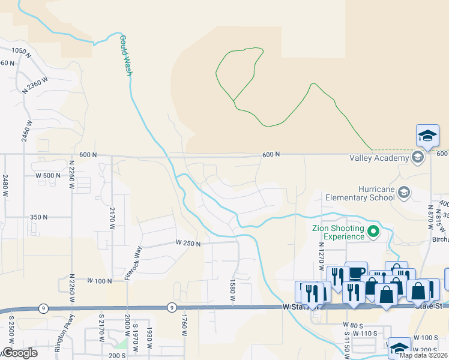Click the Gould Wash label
tap(125, 55)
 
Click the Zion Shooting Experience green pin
tap(373, 230)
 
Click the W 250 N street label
tap(188, 243)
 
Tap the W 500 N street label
tap(49, 175)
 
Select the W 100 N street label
tap(100, 280)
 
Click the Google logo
tap(20, 353)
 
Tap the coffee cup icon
tap(356, 272)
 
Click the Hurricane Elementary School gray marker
tap(404, 192)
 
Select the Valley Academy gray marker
tap(418, 158)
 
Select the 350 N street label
tap(38, 217)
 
